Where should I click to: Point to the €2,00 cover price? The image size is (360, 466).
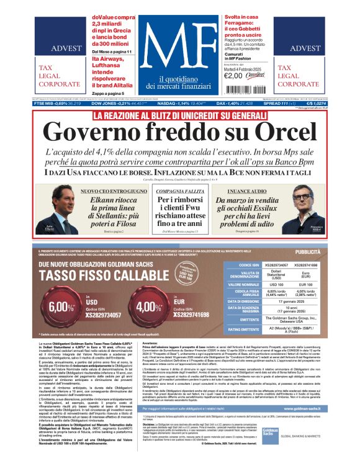[233, 76]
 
